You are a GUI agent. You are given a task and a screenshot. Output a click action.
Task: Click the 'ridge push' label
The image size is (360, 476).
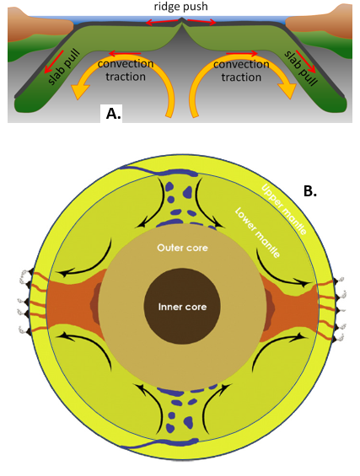(180, 7)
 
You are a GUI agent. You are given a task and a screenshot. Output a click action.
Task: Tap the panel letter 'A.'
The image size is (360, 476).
(113, 114)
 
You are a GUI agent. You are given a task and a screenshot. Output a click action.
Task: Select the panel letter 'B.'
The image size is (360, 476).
(310, 191)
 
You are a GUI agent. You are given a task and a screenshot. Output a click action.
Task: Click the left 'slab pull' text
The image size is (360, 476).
(64, 67)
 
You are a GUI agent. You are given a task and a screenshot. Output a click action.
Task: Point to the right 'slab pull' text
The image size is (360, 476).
(301, 68)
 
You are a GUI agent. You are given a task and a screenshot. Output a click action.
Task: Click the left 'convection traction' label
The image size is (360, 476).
(126, 70)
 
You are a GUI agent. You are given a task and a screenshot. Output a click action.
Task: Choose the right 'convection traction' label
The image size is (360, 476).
(241, 71)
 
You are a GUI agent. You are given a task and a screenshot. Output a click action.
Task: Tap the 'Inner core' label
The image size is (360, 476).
(182, 307)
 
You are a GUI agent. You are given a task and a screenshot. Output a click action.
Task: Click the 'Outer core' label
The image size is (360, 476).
(183, 248)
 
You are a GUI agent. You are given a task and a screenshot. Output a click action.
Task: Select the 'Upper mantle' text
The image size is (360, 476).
(284, 209)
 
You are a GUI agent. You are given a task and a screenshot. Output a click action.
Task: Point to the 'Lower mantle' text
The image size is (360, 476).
(257, 233)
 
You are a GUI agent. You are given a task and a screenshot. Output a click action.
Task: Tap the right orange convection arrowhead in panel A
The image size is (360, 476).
(287, 90)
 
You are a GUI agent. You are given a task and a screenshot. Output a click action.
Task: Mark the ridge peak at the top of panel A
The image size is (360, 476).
(181, 19)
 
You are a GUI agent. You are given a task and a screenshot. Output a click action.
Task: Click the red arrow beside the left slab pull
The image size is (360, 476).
(54, 62)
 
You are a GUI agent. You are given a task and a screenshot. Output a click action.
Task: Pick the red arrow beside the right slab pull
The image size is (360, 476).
(306, 62)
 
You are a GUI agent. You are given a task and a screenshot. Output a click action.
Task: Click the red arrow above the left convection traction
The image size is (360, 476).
(125, 54)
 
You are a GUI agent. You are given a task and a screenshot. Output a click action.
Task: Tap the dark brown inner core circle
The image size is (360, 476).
(182, 306)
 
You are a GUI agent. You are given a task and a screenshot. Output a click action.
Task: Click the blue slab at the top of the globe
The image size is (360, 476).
(159, 171)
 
